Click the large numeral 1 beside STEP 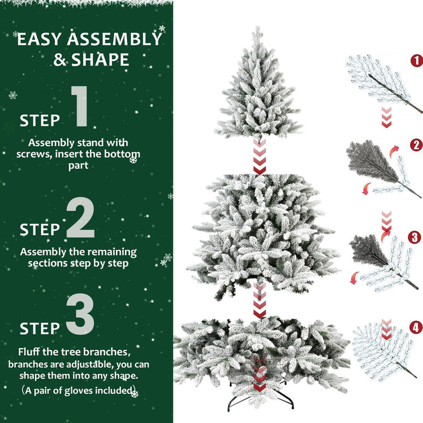(x=80, y=106)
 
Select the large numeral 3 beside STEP (x=80, y=314)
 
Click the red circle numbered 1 (x=415, y=60)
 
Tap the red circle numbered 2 (x=415, y=145)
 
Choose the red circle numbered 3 (x=415, y=237)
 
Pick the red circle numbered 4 (x=415, y=328)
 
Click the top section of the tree (x=259, y=91)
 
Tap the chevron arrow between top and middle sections (x=259, y=156)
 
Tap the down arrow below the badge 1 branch (x=386, y=117)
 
